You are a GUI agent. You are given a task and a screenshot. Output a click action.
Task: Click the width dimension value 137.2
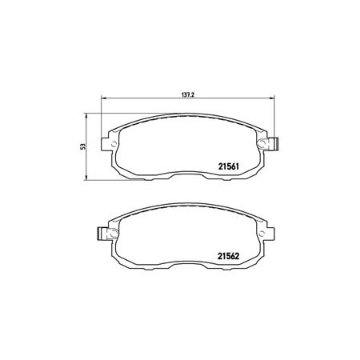tap(188, 94)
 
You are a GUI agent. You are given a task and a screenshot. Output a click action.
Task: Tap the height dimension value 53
tap(84, 146)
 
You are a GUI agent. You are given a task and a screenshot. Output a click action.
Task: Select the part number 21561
tap(229, 166)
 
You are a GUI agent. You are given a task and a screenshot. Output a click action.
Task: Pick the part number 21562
tap(229, 256)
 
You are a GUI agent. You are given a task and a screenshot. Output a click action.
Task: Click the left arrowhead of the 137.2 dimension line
tap(103, 98)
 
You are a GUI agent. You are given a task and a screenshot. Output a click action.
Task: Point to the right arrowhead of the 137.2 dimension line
tap(272, 98)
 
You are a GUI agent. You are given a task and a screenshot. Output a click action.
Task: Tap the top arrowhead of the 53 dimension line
tap(86, 116)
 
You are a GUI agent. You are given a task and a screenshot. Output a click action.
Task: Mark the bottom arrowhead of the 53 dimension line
tap(86, 178)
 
